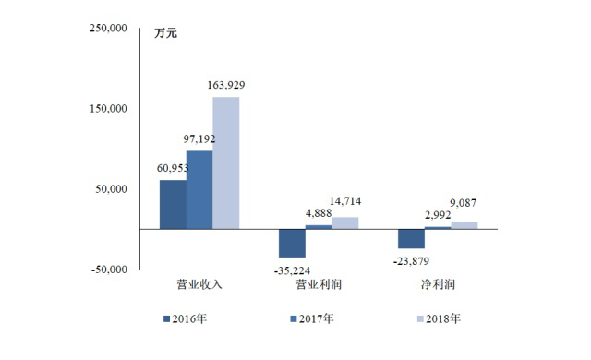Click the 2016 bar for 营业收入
click(173, 205)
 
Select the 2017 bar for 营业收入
click(199, 190)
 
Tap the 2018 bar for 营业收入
click(225, 163)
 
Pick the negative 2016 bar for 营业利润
click(292, 244)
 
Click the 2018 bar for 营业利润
click(344, 223)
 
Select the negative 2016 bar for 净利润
click(411, 239)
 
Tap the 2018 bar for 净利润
click(464, 225)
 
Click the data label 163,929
click(226, 85)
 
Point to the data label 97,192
click(199, 139)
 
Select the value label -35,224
click(292, 270)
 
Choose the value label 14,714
click(345, 201)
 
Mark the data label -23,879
click(411, 261)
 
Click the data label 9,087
click(464, 203)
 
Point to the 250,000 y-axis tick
click(108, 29)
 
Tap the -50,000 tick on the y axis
click(109, 270)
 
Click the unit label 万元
click(165, 33)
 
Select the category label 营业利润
click(319, 284)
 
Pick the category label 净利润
click(438, 284)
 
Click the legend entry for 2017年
click(312, 319)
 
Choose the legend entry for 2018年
click(439, 319)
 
